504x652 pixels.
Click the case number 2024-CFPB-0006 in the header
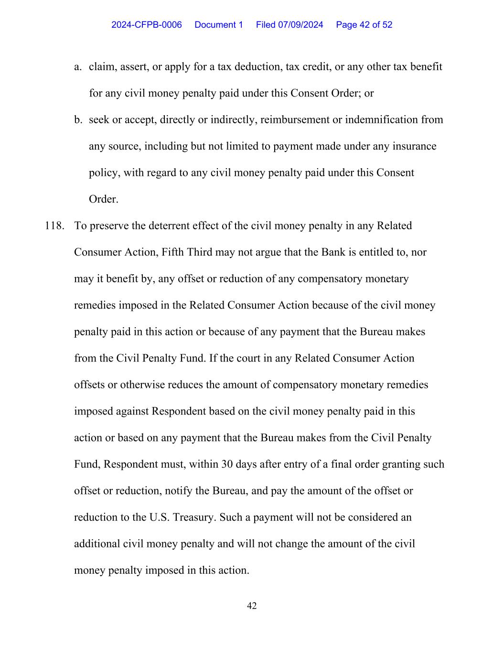146,25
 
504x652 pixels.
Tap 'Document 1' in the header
219,25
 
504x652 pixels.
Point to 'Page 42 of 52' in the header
364,25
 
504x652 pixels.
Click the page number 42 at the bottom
252,606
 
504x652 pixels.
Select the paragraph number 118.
54,226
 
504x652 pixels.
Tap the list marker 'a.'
78,67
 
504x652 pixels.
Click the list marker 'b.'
78,120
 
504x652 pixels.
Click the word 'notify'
193,491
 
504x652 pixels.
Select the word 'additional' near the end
97,544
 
